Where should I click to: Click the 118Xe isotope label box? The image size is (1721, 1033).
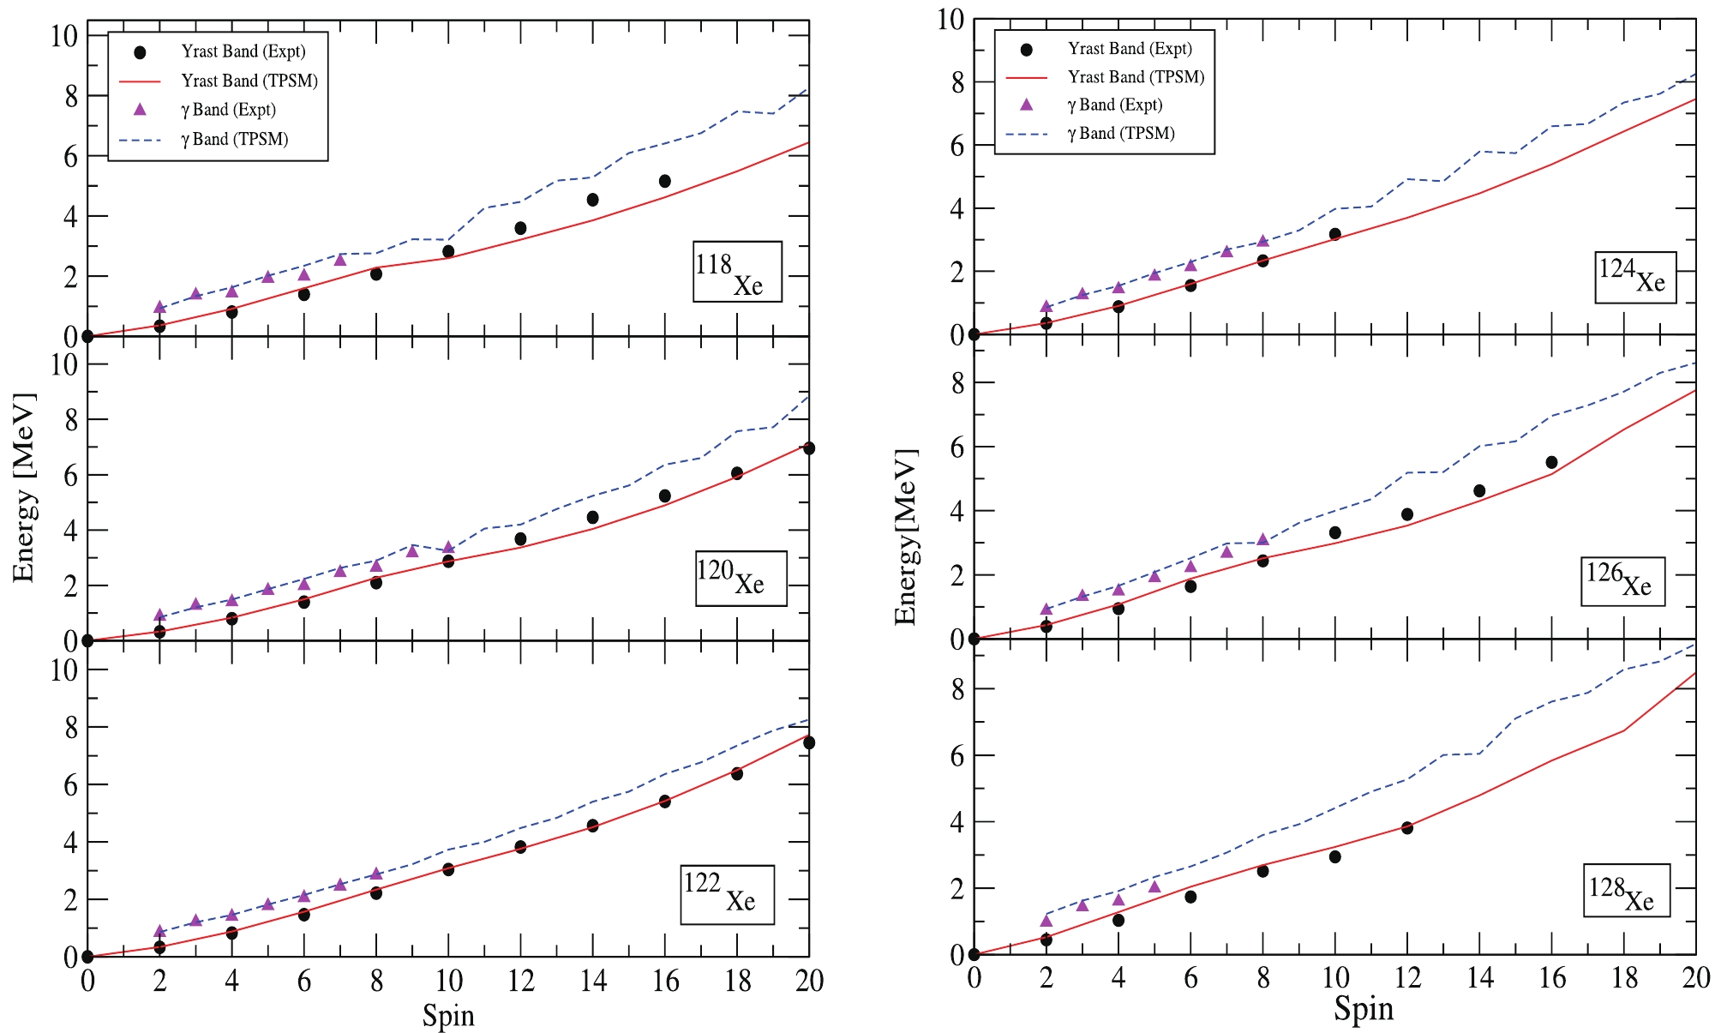(737, 272)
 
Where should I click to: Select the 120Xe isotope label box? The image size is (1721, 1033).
(741, 579)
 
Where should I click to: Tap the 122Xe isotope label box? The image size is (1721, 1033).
(727, 894)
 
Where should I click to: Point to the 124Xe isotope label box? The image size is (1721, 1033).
(1635, 278)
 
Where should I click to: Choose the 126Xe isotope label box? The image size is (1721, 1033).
(1622, 581)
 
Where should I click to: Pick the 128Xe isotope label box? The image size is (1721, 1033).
(1626, 890)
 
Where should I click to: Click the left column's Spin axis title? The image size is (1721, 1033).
(448, 1015)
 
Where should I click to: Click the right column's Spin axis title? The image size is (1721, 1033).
(1364, 1008)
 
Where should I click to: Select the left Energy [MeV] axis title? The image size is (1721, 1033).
(24, 487)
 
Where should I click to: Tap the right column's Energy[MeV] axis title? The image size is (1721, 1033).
(905, 537)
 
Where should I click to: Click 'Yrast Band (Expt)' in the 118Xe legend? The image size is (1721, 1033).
(243, 51)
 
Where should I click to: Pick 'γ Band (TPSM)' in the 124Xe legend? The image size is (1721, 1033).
(1121, 133)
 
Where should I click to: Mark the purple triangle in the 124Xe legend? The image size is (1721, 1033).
(1026, 105)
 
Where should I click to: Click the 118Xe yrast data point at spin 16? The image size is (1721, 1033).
(664, 181)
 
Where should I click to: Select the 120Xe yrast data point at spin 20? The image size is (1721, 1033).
(808, 448)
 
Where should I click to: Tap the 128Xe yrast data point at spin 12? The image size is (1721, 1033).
(1406, 827)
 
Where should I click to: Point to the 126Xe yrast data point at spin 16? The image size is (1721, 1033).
(1551, 462)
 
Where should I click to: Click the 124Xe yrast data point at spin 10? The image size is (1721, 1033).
(1334, 234)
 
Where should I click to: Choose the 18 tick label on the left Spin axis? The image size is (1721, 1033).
(737, 981)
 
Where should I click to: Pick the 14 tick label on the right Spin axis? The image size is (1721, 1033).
(1479, 977)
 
